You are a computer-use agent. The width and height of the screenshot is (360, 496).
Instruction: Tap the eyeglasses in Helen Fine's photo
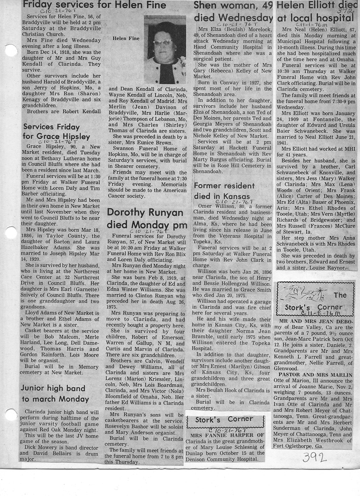point(164,43)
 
